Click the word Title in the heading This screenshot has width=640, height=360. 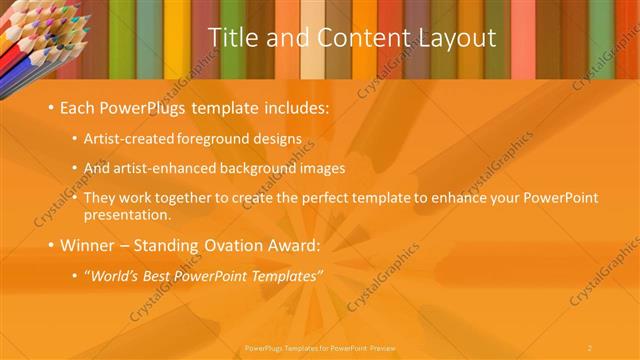[231, 38]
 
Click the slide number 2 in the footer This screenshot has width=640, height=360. [590, 347]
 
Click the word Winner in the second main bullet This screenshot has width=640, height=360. [90, 244]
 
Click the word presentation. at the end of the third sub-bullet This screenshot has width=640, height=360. [128, 214]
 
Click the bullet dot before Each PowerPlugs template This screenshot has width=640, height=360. [50, 107]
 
